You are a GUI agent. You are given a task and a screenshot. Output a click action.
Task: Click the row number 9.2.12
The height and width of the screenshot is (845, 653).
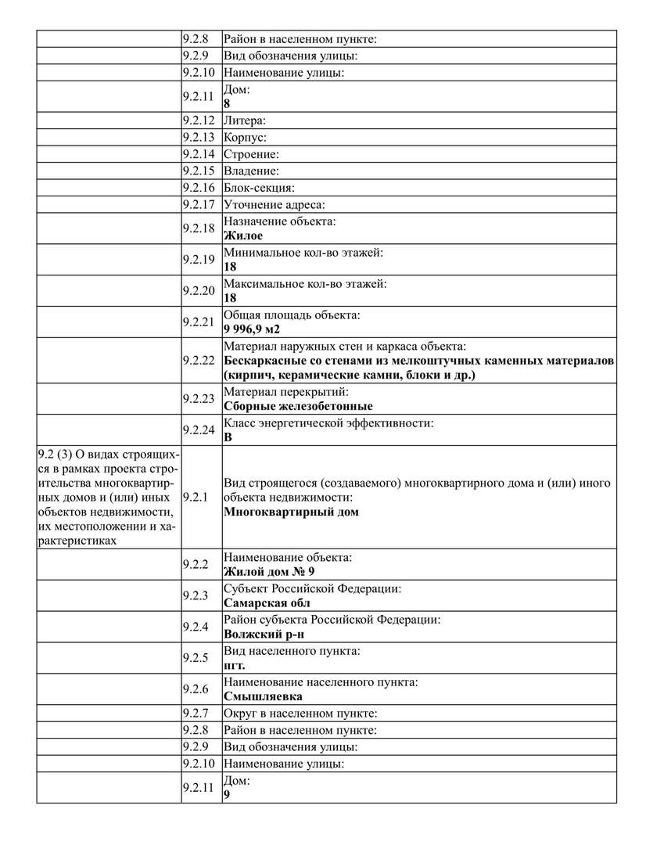pyautogui.click(x=198, y=121)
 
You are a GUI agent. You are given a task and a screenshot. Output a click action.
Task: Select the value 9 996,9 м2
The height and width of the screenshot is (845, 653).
pyautogui.click(x=252, y=329)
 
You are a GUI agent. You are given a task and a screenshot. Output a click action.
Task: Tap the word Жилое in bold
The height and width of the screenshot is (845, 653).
pyautogui.click(x=243, y=236)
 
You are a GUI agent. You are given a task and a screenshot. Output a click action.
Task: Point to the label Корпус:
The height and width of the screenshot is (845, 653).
pyautogui.click(x=245, y=138)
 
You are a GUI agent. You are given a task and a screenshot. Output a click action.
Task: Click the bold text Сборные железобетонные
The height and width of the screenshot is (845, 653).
pyautogui.click(x=298, y=406)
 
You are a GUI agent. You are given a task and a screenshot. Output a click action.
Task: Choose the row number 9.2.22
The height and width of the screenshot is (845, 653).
pyautogui.click(x=198, y=360)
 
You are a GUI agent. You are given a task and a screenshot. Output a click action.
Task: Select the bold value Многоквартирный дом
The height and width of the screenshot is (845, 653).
pyautogui.click(x=291, y=512)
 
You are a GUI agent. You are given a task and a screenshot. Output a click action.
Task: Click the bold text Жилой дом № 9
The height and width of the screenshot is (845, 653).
pyautogui.click(x=269, y=572)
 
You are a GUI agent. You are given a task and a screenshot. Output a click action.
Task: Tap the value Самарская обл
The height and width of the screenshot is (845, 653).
pyautogui.click(x=267, y=603)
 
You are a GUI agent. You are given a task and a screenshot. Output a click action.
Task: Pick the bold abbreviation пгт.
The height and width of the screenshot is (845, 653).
pyautogui.click(x=234, y=666)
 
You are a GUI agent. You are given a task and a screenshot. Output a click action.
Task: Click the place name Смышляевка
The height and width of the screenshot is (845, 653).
pyautogui.click(x=263, y=696)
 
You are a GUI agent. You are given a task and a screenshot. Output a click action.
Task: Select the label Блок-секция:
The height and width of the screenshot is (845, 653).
pyautogui.click(x=259, y=188)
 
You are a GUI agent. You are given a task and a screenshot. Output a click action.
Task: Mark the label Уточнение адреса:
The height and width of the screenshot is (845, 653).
pyautogui.click(x=274, y=204)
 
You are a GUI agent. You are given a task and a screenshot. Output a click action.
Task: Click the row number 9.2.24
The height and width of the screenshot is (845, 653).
pyautogui.click(x=198, y=430)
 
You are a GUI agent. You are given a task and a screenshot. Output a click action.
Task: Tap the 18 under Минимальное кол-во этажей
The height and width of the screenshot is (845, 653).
pyautogui.click(x=230, y=267)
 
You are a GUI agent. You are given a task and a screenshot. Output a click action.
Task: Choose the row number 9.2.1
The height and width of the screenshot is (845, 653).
pyautogui.click(x=195, y=497)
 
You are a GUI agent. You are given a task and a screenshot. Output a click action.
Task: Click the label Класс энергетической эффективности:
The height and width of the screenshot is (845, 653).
pyautogui.click(x=328, y=423)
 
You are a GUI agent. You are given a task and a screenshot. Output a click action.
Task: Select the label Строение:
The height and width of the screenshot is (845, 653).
pyautogui.click(x=251, y=154)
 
